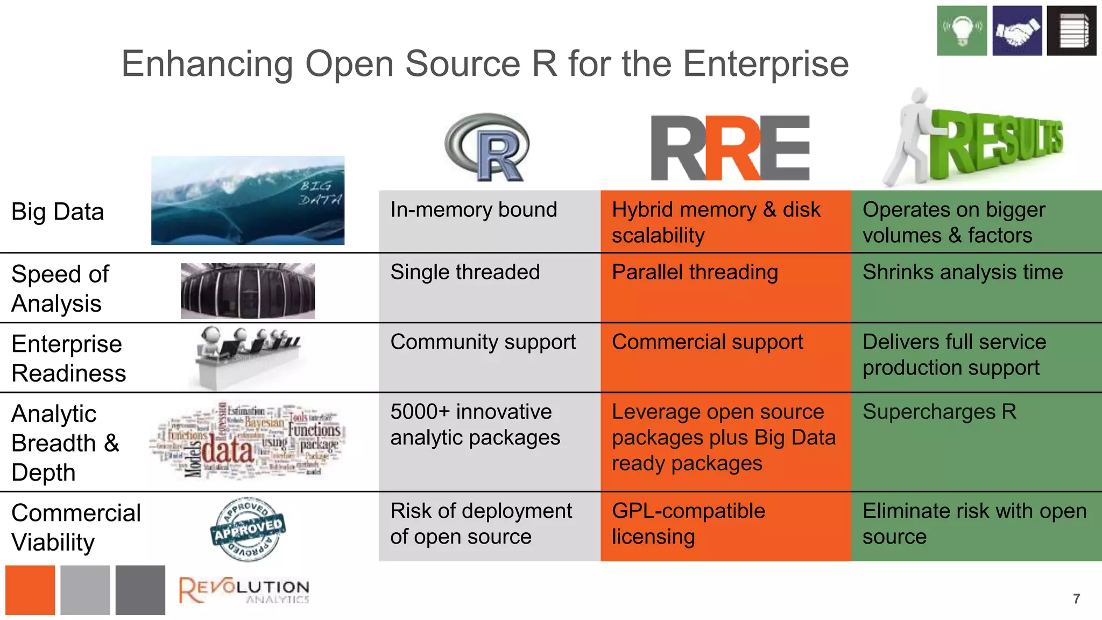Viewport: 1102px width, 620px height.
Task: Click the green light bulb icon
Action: [962, 31]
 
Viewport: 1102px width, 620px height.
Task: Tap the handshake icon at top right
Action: [1017, 31]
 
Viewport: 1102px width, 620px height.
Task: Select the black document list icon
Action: [1071, 31]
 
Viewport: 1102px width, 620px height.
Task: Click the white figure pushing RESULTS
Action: [909, 140]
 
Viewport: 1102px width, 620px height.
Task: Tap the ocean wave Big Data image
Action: [248, 200]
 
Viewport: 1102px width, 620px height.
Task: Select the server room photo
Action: [248, 291]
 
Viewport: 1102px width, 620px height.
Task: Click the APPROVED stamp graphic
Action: [248, 529]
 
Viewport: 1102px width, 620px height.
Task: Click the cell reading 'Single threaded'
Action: [489, 287]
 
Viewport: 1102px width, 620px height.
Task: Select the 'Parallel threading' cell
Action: [725, 287]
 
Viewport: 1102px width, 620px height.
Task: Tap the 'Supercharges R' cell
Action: [976, 441]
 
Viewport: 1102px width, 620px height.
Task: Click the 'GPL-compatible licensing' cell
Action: [725, 526]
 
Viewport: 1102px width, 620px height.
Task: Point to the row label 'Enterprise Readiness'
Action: [68, 358]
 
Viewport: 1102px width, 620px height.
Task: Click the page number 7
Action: [1076, 598]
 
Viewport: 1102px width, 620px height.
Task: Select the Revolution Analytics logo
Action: [244, 590]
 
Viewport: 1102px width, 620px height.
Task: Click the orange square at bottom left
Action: [30, 590]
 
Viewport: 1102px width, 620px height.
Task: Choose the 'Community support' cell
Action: [489, 357]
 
